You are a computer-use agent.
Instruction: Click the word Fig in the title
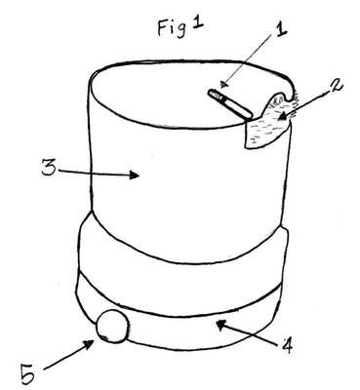[172, 28]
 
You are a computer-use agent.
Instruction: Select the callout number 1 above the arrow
[280, 31]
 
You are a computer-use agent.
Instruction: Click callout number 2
[336, 88]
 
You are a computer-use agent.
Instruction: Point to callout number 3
[49, 168]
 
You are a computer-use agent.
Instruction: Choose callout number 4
[287, 345]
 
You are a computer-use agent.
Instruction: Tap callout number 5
[27, 374]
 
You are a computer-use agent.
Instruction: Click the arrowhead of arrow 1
[223, 85]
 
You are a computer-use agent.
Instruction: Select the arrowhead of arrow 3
[135, 175]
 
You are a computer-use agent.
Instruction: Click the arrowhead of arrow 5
[90, 343]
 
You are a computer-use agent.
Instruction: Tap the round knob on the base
[112, 326]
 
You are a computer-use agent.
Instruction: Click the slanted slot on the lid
[230, 103]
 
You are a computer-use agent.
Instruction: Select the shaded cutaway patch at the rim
[267, 126]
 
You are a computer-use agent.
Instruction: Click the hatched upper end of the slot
[214, 95]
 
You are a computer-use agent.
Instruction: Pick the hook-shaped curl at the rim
[287, 90]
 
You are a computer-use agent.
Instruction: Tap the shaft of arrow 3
[95, 174]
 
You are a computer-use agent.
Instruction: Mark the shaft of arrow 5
[65, 358]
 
